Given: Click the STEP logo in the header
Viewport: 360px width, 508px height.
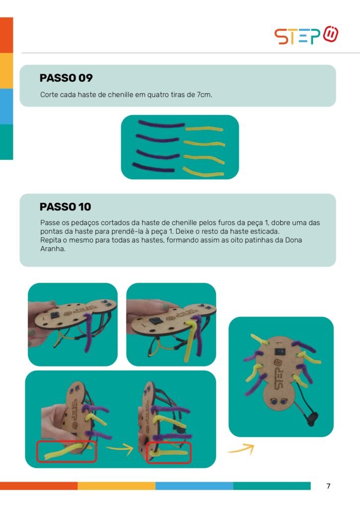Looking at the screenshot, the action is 306,35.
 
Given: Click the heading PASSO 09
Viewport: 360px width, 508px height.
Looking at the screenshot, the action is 66,78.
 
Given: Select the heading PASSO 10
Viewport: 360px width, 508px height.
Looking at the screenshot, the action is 65,207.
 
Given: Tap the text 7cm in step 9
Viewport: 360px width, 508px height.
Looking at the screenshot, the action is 204,95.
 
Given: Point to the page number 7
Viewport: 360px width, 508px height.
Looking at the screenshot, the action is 328,486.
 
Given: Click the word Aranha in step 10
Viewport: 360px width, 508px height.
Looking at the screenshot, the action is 53,249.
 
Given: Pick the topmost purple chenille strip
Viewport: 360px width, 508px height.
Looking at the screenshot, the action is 161,124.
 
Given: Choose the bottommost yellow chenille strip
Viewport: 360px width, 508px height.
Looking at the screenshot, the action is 204,172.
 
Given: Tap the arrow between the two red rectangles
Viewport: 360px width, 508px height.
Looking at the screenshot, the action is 120,448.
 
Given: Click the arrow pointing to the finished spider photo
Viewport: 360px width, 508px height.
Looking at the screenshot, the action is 241,448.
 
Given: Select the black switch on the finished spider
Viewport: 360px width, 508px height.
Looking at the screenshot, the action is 280,352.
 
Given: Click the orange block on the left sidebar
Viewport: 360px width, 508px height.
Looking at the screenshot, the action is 6,35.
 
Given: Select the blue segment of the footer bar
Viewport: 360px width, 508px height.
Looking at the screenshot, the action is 194,486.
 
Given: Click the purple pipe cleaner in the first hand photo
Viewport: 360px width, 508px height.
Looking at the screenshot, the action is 88,332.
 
